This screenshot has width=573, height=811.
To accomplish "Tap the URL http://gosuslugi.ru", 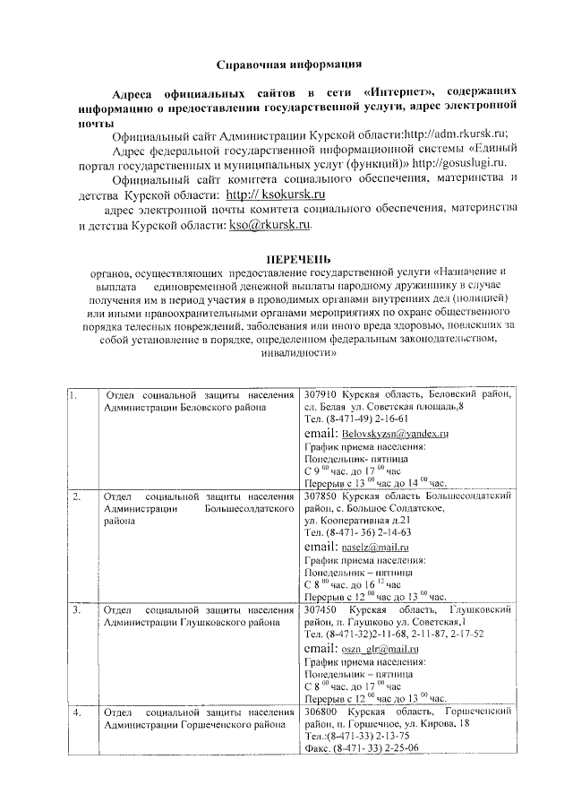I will point(456,162).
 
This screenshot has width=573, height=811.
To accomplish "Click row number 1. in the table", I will point(74,395).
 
